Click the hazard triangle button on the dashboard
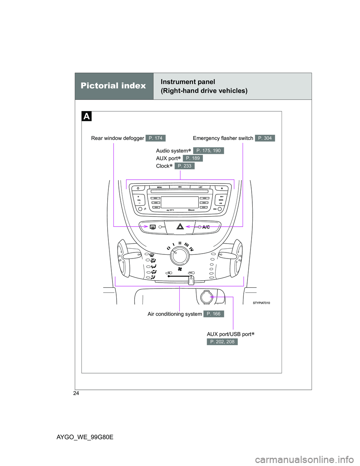click(180, 227)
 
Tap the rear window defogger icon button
click(153, 227)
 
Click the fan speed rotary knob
click(180, 256)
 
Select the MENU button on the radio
click(159, 187)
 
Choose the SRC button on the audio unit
click(180, 187)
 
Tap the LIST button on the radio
click(201, 187)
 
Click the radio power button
click(138, 188)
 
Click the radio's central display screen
click(180, 202)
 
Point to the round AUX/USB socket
click(206, 297)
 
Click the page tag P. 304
click(265, 138)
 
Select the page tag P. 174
click(155, 138)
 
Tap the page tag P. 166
click(213, 314)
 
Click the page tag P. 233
click(184, 166)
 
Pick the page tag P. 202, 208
click(222, 342)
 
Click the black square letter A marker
click(87, 116)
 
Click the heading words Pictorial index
click(113, 86)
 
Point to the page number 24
click(76, 393)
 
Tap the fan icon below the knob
click(180, 269)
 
